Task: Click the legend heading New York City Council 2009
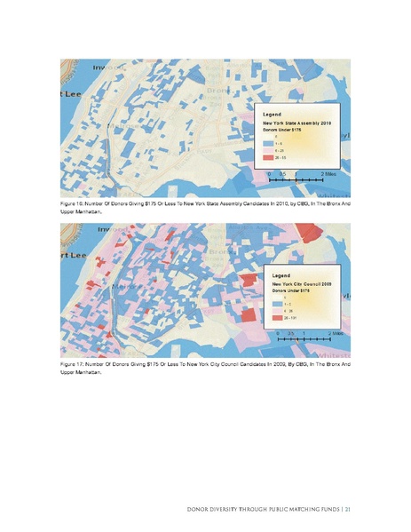point(304,284)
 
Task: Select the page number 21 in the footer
point(349,510)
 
